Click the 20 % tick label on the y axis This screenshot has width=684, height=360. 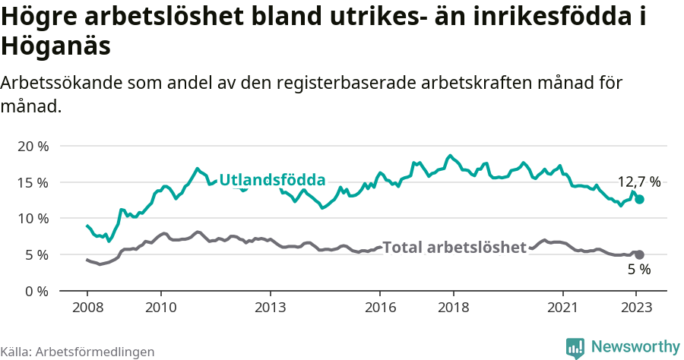(32, 146)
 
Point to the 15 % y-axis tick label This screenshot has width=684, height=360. (32, 182)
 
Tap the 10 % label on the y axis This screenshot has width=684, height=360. (32, 219)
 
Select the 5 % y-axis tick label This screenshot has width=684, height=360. (36, 255)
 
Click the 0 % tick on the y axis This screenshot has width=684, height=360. (36, 291)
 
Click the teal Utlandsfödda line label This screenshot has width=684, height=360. (272, 180)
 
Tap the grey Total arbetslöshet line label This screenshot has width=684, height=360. (454, 248)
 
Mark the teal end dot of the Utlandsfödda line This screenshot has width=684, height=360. (640, 199)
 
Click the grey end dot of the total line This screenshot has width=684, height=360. (640, 255)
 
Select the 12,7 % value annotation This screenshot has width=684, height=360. (638, 182)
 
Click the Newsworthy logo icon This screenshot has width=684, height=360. (575, 347)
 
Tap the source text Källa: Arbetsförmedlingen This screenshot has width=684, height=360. (78, 352)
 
